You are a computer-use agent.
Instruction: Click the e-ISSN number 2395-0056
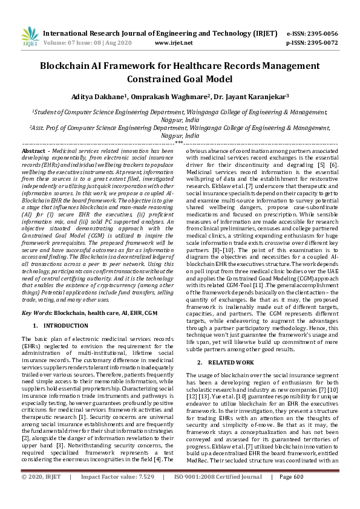[322, 33]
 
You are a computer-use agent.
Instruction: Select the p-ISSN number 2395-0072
[322, 43]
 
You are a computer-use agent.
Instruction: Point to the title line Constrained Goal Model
[180, 79]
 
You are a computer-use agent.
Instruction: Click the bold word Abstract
[33, 150]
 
